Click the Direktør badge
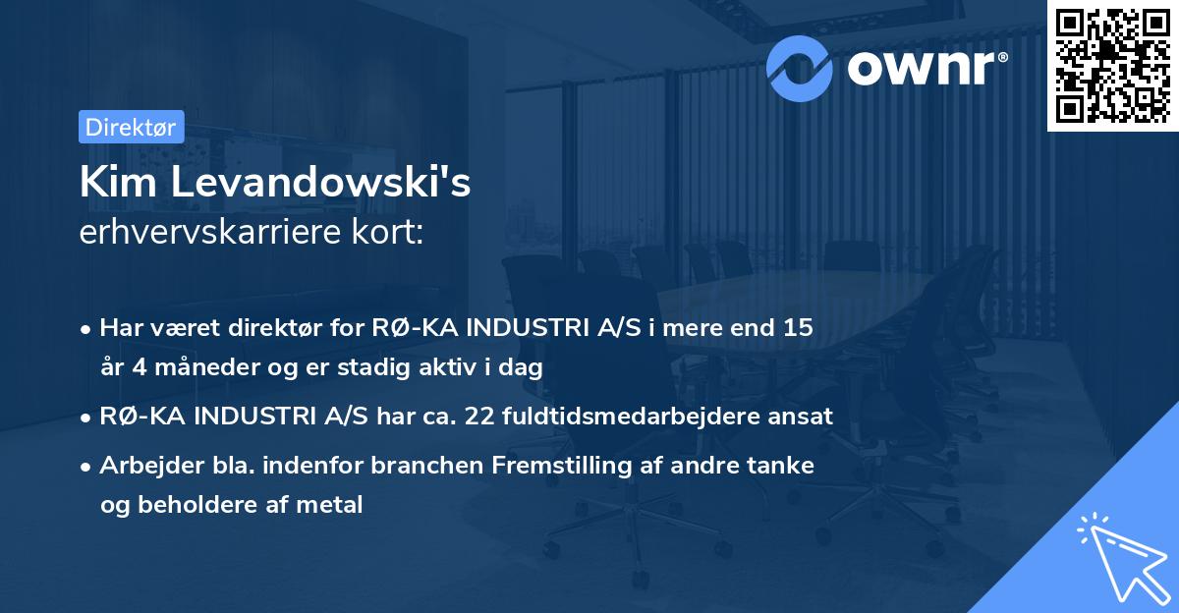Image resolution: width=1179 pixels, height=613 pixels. (x=131, y=127)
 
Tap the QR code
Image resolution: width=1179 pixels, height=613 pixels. (x=1112, y=66)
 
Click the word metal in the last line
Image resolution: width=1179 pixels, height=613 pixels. (x=335, y=505)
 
